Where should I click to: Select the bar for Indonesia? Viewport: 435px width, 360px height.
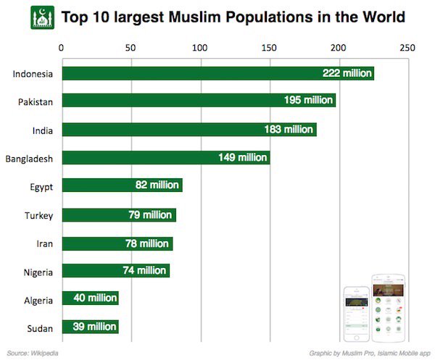[x=217, y=73]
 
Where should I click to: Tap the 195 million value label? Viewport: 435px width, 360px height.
[x=308, y=101]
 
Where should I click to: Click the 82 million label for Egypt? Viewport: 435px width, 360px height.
[x=157, y=185]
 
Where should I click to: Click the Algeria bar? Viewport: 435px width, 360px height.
[x=90, y=298]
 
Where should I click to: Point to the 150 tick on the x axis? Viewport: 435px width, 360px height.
[x=269, y=48]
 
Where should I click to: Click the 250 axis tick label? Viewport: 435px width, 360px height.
[x=407, y=48]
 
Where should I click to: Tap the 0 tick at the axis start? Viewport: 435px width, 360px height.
[x=62, y=48]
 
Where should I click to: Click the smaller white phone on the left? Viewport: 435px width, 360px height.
[x=356, y=314]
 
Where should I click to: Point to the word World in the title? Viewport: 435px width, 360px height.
[x=380, y=17]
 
